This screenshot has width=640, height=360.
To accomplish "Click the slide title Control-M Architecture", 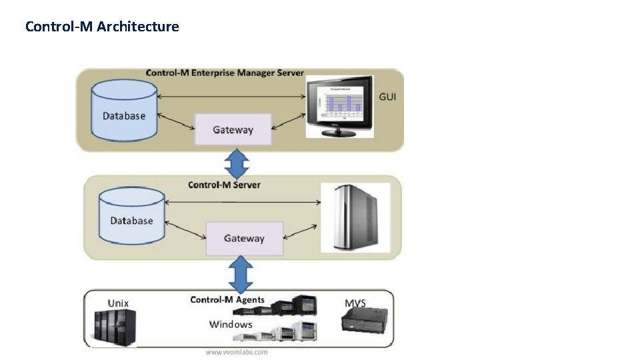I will point(102,27).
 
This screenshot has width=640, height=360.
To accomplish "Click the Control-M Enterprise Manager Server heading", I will point(225,73).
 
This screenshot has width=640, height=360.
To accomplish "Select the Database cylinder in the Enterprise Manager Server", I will point(123,110).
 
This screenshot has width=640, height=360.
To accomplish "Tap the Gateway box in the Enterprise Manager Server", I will point(233,129).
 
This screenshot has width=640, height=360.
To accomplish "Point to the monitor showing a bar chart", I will point(340,105).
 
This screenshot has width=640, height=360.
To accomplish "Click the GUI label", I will point(388,97).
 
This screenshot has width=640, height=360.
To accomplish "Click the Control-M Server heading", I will point(224,185).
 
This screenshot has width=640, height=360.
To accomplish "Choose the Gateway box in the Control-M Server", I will point(244,238).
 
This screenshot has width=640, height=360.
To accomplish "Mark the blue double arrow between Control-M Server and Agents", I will point(241,274).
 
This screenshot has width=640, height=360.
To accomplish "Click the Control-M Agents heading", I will point(227,299).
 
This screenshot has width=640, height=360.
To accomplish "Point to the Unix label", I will point(118,303).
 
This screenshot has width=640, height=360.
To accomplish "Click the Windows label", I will point(231,325).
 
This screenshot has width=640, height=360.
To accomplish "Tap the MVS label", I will point(355,303).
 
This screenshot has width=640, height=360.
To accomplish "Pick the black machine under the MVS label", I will point(363,323).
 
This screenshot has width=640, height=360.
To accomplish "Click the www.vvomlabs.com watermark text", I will point(237,352).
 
